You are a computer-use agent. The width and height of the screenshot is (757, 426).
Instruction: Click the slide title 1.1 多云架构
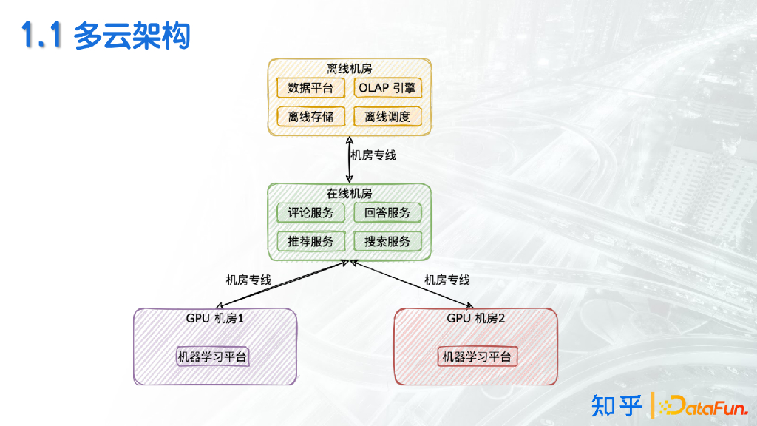click(x=106, y=36)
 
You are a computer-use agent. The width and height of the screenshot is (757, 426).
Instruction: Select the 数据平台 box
click(x=310, y=88)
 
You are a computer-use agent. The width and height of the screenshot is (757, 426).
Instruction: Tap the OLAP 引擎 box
click(x=387, y=88)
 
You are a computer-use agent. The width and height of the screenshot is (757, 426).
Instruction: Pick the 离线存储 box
click(x=310, y=116)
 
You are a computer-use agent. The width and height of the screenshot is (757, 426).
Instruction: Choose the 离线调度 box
click(x=387, y=116)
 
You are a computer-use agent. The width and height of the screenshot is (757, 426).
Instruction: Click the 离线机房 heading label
click(x=349, y=68)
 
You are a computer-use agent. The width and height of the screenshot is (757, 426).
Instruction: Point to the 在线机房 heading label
click(x=349, y=194)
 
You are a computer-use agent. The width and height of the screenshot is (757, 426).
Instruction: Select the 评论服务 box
click(x=310, y=213)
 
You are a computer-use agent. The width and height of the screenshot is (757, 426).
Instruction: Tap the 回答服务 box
click(x=387, y=213)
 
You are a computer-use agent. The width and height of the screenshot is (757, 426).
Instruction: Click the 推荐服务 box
click(x=310, y=241)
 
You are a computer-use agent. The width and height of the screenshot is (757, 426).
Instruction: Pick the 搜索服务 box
click(x=387, y=241)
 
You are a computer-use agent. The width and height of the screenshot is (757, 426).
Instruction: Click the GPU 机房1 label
click(x=214, y=319)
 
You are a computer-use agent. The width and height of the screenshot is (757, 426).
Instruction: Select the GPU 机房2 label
click(x=476, y=319)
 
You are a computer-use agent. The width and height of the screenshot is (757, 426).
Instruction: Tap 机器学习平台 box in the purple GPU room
click(x=213, y=356)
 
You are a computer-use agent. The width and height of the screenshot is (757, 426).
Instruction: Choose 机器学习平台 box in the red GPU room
click(x=477, y=356)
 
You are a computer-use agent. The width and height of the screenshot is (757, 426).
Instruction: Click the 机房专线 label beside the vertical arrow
click(x=374, y=155)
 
